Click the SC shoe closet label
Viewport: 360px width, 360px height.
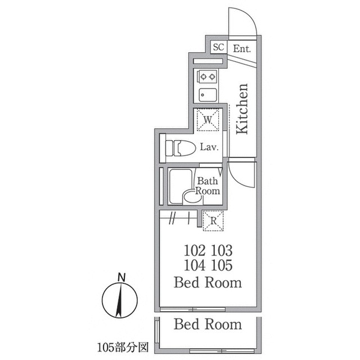pos(218,48)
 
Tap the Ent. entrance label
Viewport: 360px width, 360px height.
pos(242,48)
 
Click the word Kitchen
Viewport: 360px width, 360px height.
pos(242,109)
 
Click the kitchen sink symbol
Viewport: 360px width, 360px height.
pos(208,94)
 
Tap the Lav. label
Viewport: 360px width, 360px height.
pos(209,148)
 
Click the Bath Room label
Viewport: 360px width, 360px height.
pos(207,186)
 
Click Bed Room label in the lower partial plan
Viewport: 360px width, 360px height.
pos(208,325)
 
